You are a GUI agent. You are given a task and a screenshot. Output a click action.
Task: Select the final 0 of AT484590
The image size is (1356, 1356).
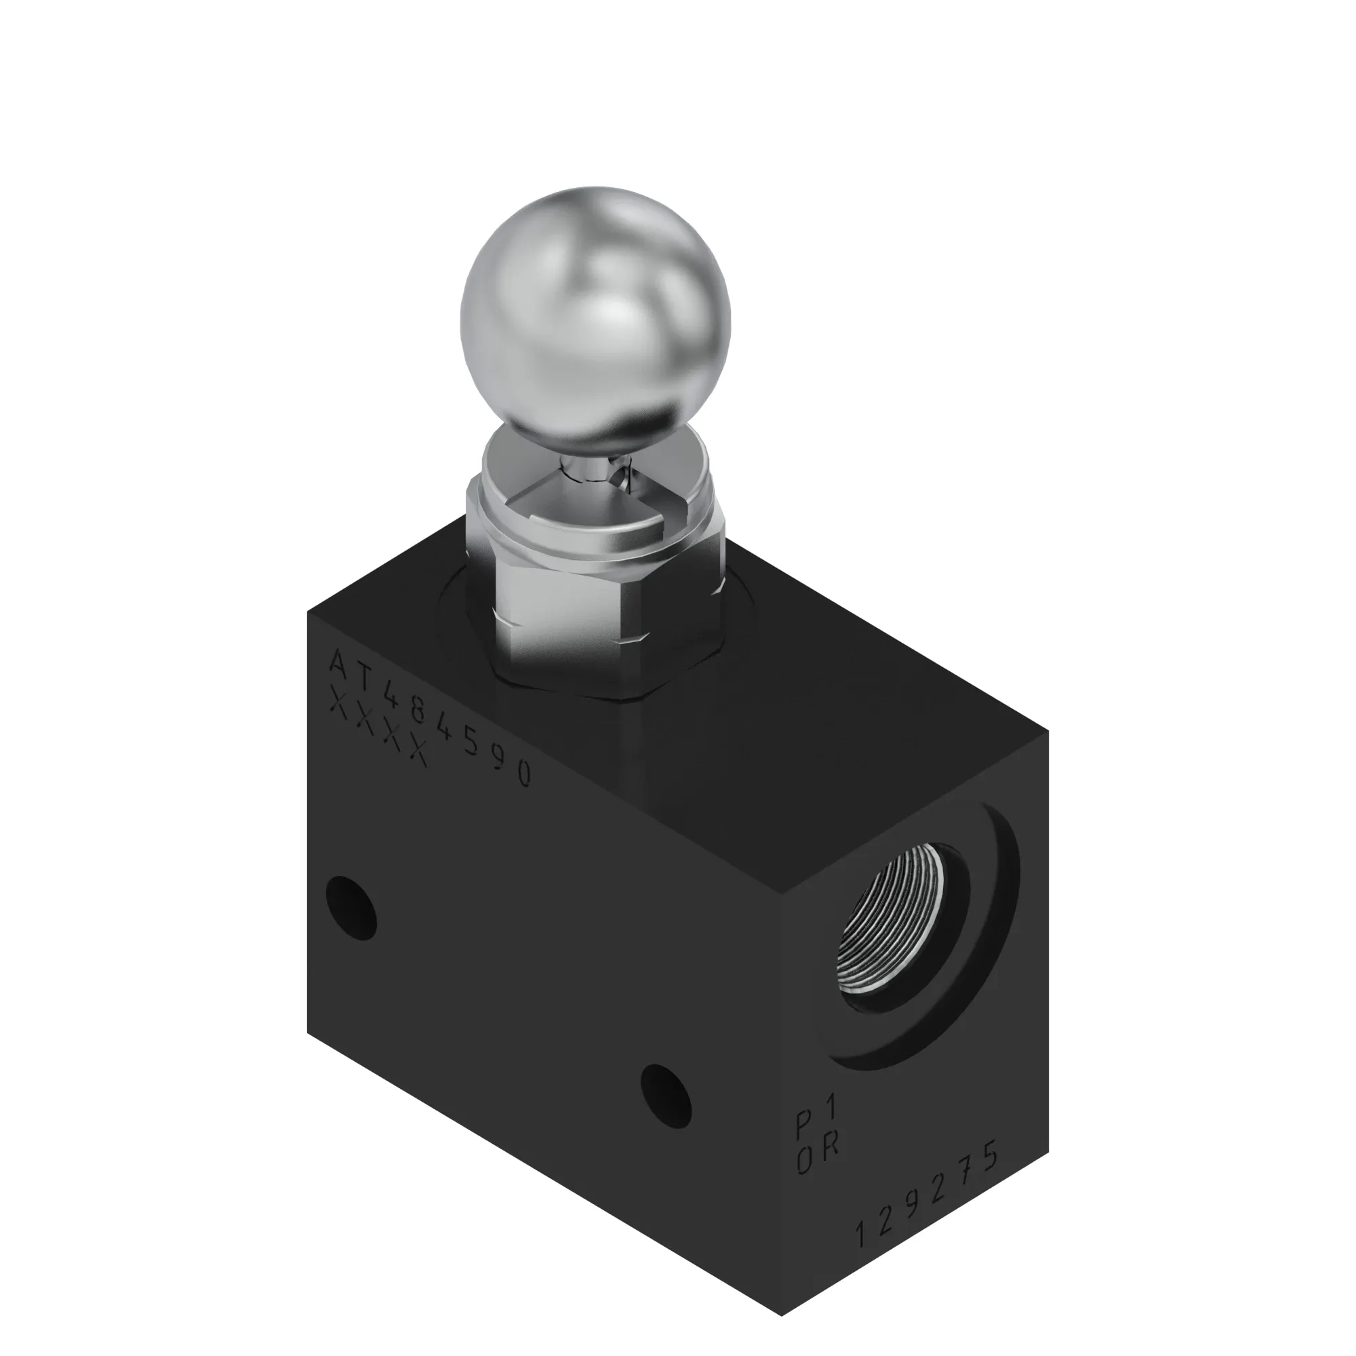click(523, 774)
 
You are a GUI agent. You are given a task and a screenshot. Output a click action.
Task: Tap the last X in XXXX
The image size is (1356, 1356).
click(418, 754)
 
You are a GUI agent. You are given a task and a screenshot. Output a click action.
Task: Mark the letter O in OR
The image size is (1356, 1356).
click(805, 1161)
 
